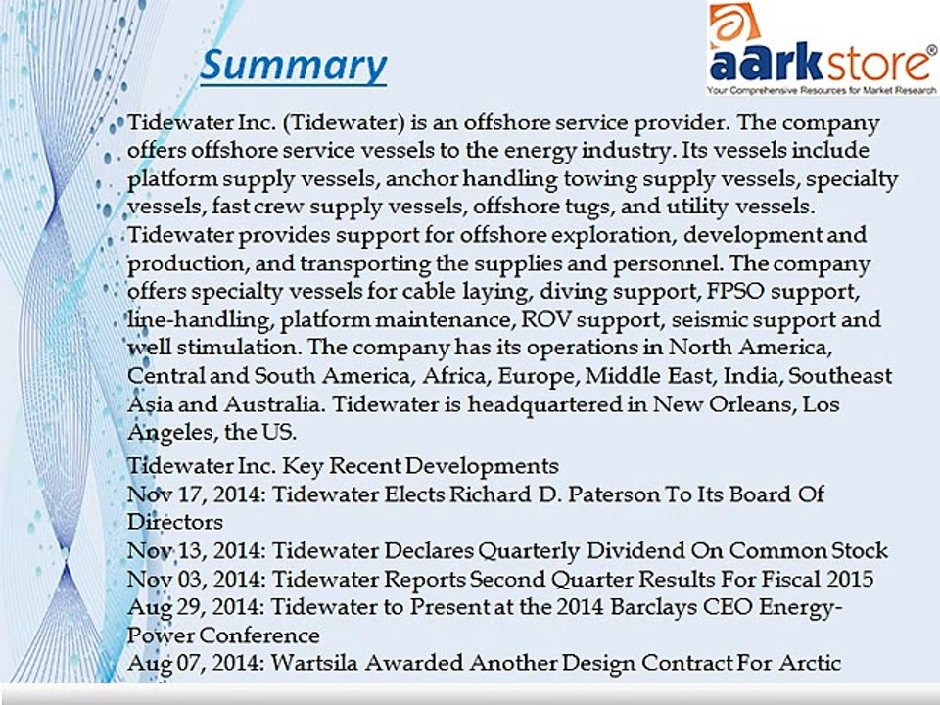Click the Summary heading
294,66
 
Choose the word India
753,376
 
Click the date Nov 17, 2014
194,494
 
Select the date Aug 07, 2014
194,663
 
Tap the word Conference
258,635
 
